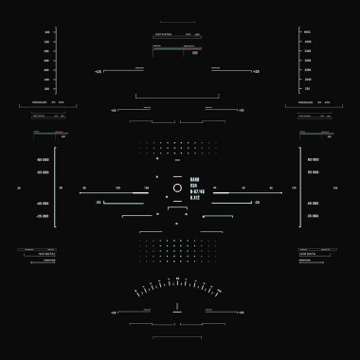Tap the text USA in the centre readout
click(x=194, y=185)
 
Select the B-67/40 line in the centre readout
click(x=196, y=190)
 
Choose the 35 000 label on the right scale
click(x=313, y=216)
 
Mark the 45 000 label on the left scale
click(x=44, y=203)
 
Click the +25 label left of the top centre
click(x=98, y=71)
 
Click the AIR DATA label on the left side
click(x=45, y=256)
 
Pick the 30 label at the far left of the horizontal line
click(x=19, y=189)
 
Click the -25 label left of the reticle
click(x=99, y=202)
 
